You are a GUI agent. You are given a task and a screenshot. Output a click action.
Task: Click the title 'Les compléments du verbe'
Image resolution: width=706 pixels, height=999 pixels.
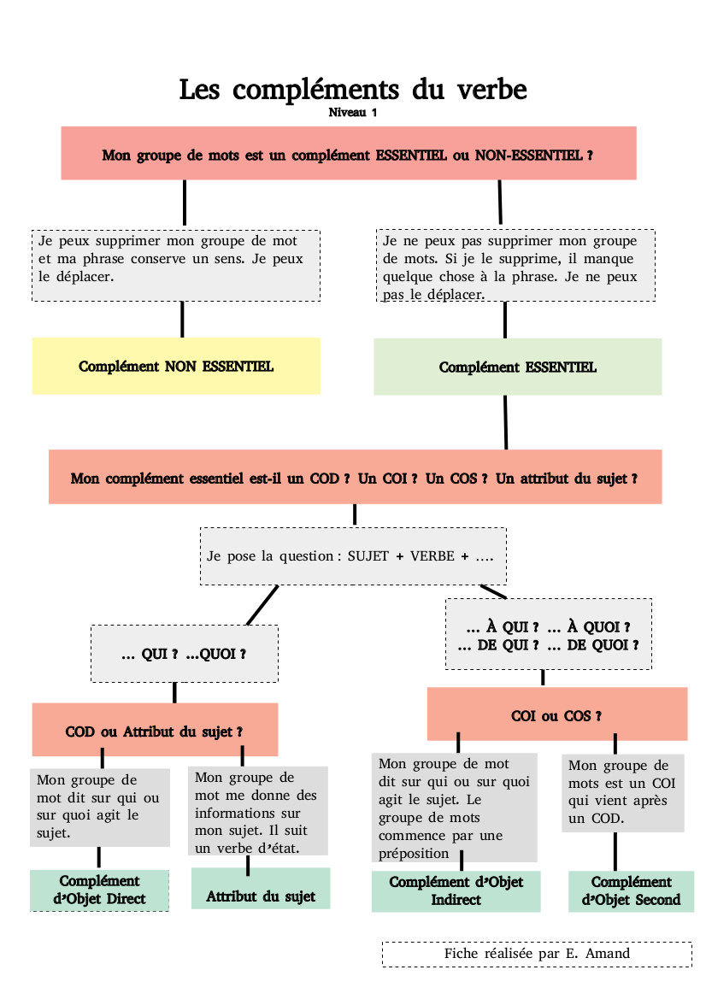pos(352,89)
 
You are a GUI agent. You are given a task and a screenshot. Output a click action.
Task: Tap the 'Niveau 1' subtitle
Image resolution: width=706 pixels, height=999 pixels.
pos(352,113)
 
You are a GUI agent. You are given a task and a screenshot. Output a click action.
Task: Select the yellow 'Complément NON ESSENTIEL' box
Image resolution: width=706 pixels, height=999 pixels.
pos(176,366)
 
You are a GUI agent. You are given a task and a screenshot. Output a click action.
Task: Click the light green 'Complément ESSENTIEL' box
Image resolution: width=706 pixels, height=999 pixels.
pos(517,367)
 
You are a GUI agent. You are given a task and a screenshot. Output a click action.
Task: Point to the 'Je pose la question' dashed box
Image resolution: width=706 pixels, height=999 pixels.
pos(352,555)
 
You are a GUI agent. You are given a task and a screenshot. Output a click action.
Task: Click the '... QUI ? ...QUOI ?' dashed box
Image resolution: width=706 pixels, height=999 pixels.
pos(184,654)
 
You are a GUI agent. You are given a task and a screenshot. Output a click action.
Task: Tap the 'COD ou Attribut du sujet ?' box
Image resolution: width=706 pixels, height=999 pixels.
pos(155,731)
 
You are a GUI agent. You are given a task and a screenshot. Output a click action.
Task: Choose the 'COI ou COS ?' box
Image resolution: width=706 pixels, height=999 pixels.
pos(556,715)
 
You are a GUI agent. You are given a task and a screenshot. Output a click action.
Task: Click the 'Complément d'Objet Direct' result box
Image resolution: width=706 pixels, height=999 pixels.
pos(99,890)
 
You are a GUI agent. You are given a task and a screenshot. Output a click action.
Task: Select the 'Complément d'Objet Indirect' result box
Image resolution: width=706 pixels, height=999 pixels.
pos(456,890)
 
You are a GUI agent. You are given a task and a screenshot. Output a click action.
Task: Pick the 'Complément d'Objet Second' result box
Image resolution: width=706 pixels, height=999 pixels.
pos(631,890)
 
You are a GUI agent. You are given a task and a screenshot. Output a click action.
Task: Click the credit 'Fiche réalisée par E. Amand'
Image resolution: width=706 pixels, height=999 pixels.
pos(537,953)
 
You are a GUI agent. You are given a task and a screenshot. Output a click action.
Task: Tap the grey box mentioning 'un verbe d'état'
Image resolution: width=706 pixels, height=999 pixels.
pos(257,810)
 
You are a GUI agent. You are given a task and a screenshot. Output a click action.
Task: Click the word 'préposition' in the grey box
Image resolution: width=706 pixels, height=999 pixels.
pos(414,853)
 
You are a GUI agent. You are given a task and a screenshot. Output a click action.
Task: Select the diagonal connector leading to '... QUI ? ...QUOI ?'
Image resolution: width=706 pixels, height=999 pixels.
pos(262,605)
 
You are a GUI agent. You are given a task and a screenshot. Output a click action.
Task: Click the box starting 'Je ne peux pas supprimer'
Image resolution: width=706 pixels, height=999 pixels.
pos(515,265)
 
